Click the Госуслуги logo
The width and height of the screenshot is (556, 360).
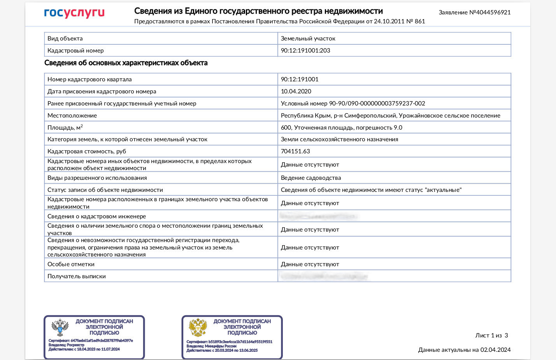click(x=74, y=13)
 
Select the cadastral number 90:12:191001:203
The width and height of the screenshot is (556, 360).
click(x=305, y=51)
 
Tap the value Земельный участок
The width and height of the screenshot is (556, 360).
click(x=308, y=39)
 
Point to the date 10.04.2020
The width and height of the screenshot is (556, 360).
click(x=296, y=91)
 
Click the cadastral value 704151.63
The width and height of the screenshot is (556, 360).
click(x=295, y=151)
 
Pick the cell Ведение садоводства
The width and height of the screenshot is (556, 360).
click(x=310, y=178)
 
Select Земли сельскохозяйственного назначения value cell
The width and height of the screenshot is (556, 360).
click(x=339, y=139)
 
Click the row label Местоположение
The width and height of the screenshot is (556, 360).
click(x=72, y=116)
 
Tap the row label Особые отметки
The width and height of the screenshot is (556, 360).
click(x=71, y=264)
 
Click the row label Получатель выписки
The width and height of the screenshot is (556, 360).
click(x=77, y=276)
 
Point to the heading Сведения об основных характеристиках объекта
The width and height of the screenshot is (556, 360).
click(x=126, y=63)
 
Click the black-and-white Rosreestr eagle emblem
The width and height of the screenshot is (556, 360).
click(x=60, y=328)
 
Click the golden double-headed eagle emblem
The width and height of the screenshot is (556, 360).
click(x=198, y=328)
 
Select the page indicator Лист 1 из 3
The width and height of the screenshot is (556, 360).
click(x=491, y=335)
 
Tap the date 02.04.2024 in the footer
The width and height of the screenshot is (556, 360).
click(x=495, y=350)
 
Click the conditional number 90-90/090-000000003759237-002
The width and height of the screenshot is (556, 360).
click(x=377, y=104)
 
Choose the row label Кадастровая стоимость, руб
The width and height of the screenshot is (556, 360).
click(x=86, y=151)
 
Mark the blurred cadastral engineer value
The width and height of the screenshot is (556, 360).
click(x=319, y=216)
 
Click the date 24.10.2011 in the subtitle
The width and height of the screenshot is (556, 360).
click(x=389, y=21)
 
